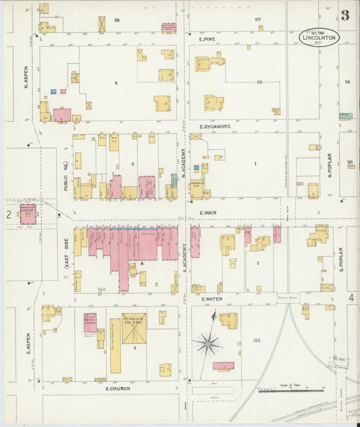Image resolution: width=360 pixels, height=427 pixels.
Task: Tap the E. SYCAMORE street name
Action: (215, 126)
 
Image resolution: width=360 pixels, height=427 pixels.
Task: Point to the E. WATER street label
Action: (211, 298)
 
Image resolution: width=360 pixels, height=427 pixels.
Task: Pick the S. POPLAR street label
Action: (342, 258)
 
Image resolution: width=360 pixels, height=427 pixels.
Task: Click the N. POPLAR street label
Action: (330, 166)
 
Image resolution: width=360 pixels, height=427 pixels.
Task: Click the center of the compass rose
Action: (209, 343)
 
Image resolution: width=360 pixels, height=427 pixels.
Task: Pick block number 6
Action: (116, 82)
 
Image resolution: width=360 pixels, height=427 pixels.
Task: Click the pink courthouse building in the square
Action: (28, 213)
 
